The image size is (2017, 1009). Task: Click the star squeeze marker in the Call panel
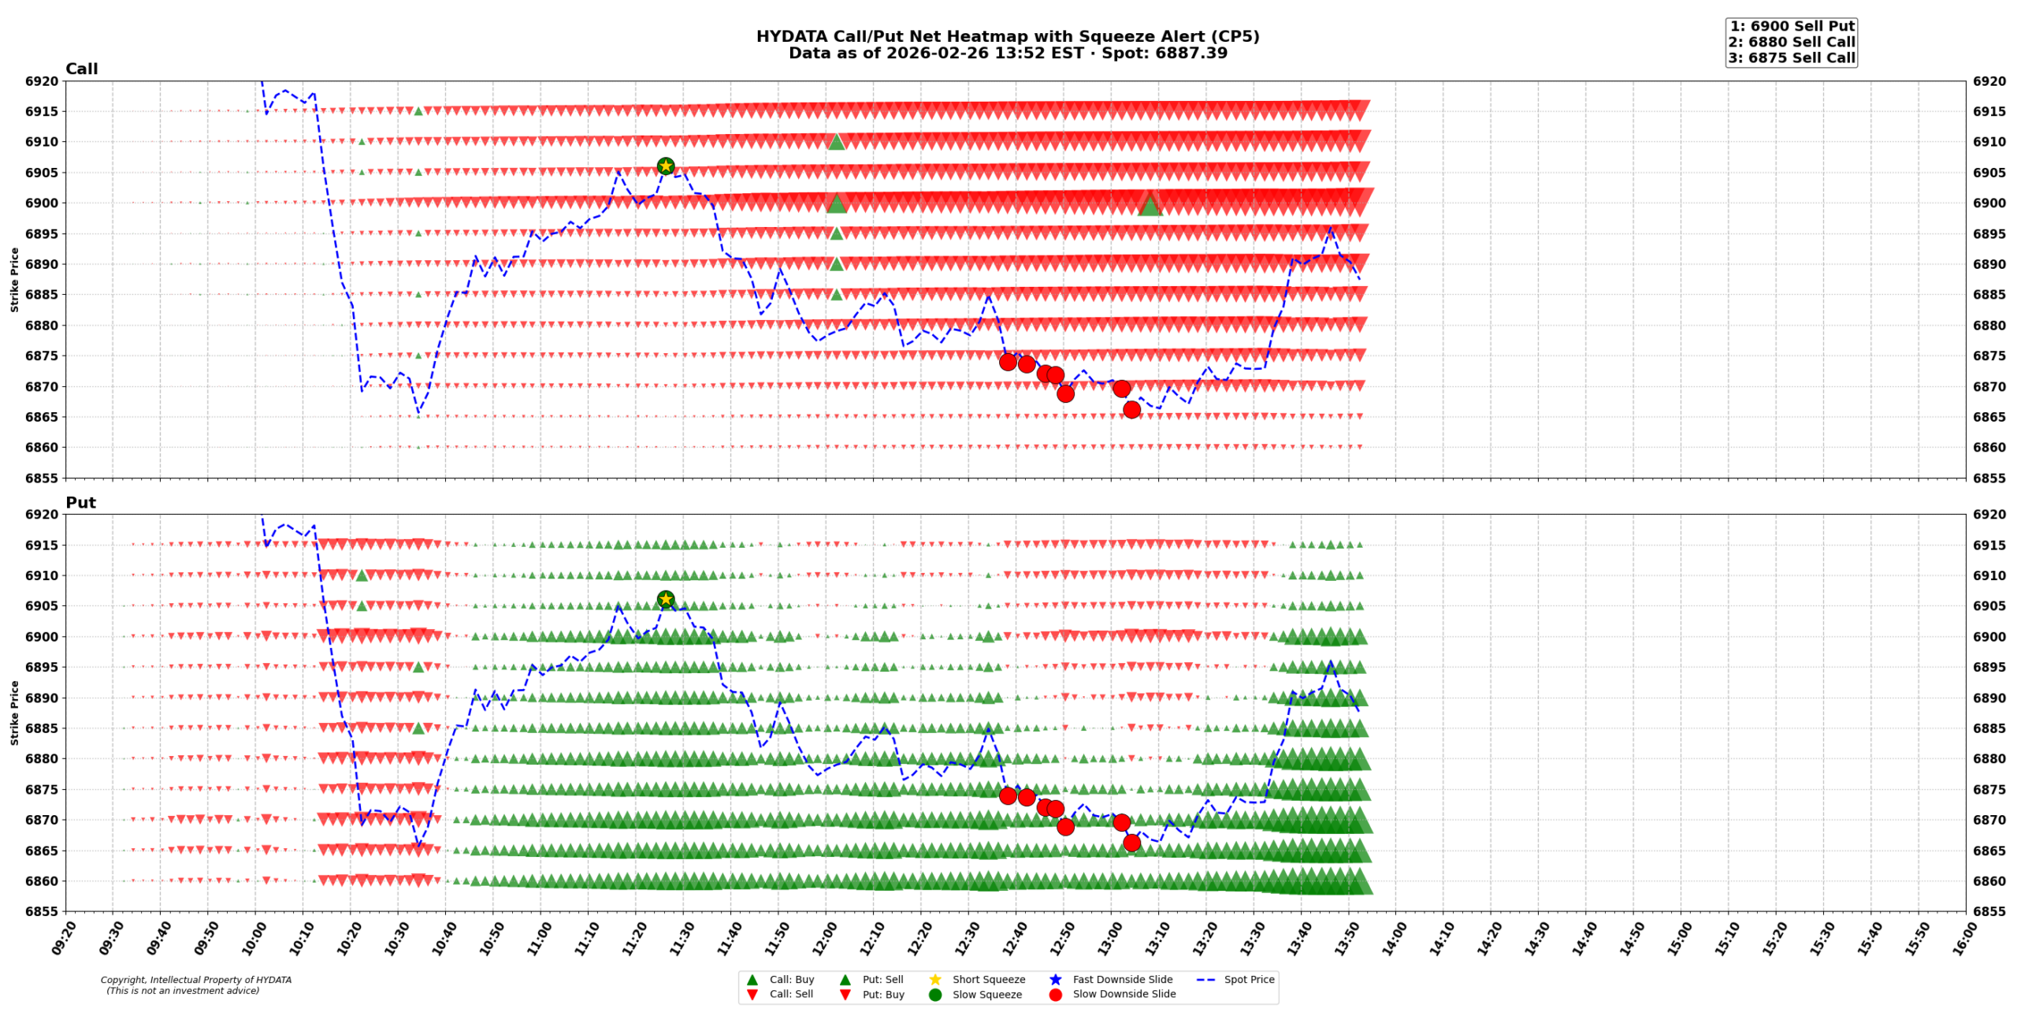(x=665, y=166)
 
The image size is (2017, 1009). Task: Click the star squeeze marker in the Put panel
(x=665, y=599)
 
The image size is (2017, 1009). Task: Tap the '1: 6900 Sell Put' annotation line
(x=1791, y=26)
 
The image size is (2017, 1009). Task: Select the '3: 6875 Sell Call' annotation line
(x=1791, y=58)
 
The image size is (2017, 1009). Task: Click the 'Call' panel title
(x=81, y=69)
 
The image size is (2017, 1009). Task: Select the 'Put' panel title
(x=80, y=502)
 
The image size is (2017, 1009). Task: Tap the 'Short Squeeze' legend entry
(x=988, y=979)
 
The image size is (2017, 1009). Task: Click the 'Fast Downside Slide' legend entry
(x=1122, y=979)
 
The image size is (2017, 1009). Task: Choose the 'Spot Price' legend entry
(x=1248, y=979)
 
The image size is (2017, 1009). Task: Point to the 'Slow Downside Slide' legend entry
(x=1124, y=994)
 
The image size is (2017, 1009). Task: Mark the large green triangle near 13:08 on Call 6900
(x=1150, y=205)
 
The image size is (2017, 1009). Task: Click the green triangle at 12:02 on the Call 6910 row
(x=836, y=142)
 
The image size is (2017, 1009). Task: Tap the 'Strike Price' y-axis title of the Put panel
(x=14, y=713)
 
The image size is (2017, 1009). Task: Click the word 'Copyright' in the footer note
(x=122, y=980)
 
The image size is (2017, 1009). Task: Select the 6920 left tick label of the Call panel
(x=41, y=81)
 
